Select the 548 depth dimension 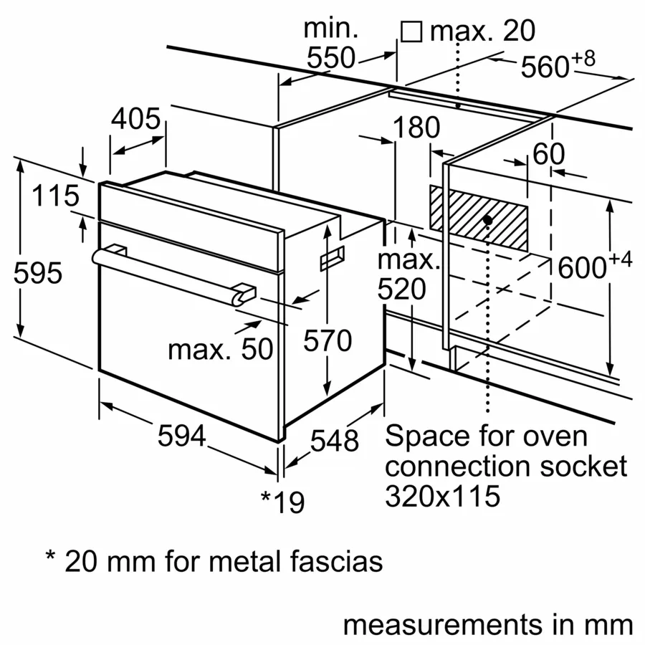[334, 440]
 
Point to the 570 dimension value [328, 341]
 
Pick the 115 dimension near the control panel [54, 196]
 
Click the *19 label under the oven [282, 501]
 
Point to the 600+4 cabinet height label [596, 267]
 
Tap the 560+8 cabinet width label [558, 66]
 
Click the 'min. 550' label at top [331, 43]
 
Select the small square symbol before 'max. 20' [411, 32]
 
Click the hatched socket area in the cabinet [502, 215]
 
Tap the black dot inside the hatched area [487, 219]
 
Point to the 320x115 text [442, 496]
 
